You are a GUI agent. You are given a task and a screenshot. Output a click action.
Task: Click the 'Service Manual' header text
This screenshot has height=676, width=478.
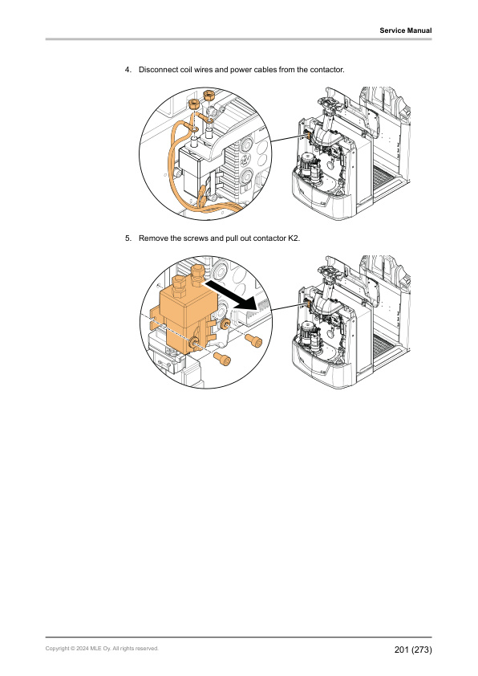pyautogui.click(x=406, y=31)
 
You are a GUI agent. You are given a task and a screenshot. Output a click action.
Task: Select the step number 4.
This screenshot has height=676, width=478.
pyautogui.click(x=128, y=70)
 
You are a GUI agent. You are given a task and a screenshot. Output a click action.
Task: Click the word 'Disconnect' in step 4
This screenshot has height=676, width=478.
pyautogui.click(x=159, y=70)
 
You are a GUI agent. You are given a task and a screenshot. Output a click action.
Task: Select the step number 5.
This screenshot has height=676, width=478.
pyautogui.click(x=128, y=238)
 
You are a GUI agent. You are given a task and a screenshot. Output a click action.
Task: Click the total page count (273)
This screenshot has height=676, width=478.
pyautogui.click(x=423, y=649)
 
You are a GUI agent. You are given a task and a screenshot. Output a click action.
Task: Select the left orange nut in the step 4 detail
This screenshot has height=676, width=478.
pyautogui.click(x=192, y=104)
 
